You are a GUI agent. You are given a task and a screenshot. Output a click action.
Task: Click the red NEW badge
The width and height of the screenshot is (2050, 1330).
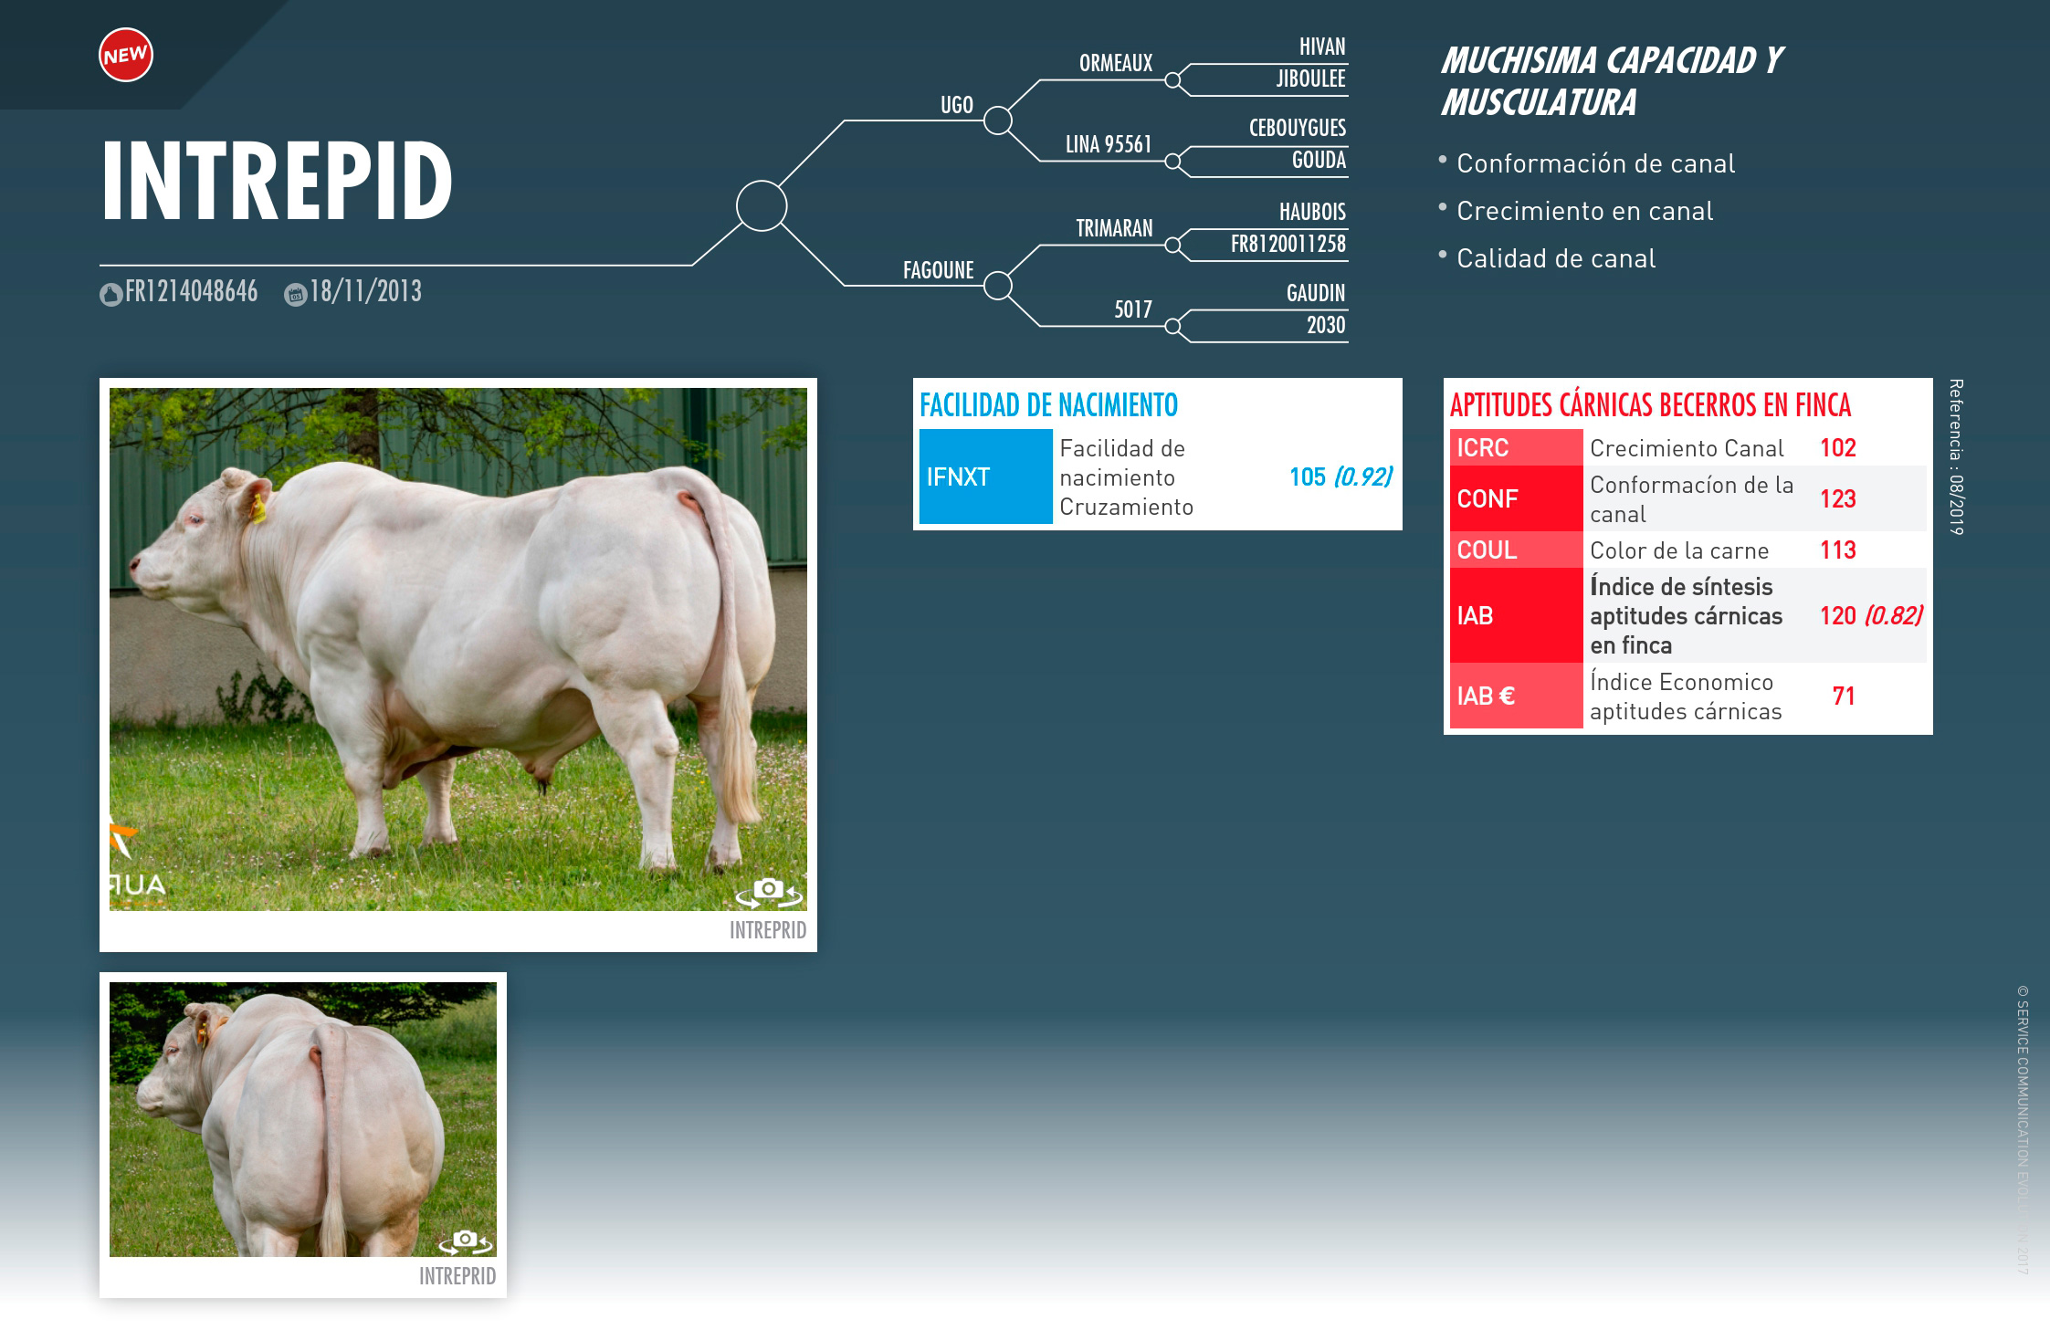click(x=126, y=55)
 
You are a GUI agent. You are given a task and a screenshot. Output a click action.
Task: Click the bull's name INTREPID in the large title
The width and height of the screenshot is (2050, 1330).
click(x=277, y=181)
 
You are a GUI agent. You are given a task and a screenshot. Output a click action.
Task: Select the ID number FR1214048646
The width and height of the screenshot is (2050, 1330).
click(x=192, y=291)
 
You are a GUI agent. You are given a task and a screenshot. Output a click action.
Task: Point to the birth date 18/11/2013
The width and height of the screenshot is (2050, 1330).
click(x=366, y=291)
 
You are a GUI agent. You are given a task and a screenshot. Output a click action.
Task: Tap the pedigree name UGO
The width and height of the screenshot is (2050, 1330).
click(x=957, y=105)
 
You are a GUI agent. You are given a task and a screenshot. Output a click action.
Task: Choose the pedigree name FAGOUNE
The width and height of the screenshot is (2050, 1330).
click(x=939, y=270)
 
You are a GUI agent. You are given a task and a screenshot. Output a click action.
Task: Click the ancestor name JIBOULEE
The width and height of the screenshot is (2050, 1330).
click(x=1311, y=79)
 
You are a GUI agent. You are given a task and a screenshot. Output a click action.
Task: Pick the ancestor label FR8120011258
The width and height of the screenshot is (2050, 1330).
click(x=1288, y=244)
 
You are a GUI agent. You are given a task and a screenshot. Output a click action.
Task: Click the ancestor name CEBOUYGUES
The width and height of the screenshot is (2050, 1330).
click(x=1298, y=128)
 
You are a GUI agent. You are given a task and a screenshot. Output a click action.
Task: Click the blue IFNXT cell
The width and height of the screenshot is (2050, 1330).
click(x=985, y=476)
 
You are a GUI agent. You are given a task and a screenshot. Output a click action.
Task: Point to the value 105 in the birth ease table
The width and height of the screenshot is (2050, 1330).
click(x=1308, y=476)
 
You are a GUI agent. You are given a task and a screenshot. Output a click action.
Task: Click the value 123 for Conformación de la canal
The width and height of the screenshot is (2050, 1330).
click(x=1838, y=498)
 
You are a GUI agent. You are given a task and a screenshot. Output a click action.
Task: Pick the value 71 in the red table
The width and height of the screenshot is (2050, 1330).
click(x=1844, y=696)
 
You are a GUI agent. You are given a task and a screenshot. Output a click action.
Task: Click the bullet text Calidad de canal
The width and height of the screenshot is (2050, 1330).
click(x=1556, y=258)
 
